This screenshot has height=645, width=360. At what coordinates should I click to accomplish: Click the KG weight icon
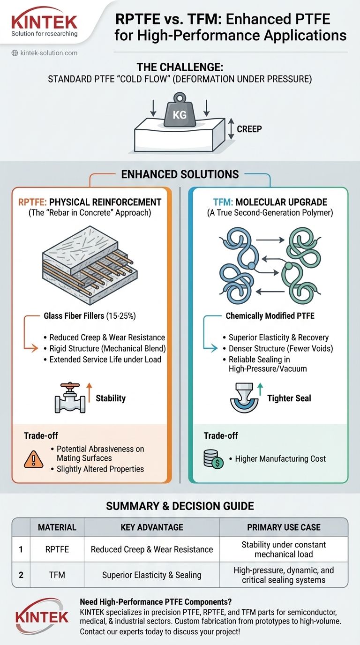click(180, 111)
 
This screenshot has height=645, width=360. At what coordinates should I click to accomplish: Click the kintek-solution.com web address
click(49, 53)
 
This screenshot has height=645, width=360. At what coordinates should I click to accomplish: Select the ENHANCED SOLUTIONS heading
click(180, 175)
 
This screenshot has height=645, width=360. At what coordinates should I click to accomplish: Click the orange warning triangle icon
click(33, 459)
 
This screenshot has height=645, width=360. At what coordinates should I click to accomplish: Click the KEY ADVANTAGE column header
click(152, 527)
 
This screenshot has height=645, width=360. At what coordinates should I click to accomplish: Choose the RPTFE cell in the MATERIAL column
click(57, 549)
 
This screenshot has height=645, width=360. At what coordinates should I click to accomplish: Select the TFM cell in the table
click(57, 575)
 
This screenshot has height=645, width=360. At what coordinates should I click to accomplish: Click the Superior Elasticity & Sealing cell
click(152, 575)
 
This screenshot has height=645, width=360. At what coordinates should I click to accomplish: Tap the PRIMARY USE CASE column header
click(284, 527)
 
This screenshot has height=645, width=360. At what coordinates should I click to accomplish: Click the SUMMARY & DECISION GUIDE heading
click(180, 506)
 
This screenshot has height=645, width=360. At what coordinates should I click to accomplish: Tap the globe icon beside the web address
click(14, 53)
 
